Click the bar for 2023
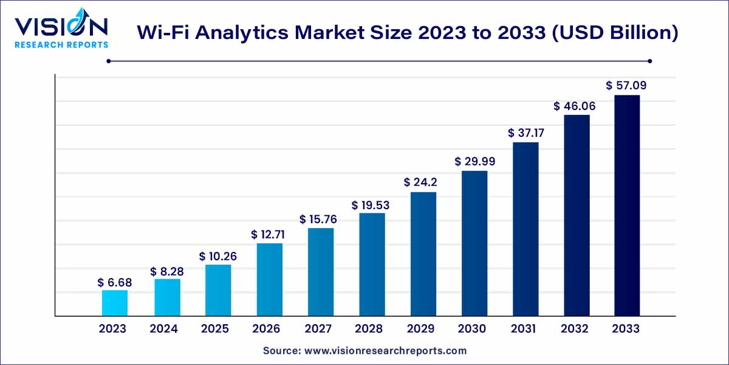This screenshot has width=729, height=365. point(114,303)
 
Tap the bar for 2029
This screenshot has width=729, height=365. point(423,254)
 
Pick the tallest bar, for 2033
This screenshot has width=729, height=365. point(627,206)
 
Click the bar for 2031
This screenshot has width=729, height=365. point(525,229)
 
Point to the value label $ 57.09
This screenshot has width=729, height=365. point(626,86)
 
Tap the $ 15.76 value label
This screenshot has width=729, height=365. point(320,218)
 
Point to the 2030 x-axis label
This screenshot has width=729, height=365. point(471,329)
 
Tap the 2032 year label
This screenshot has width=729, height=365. point(575,329)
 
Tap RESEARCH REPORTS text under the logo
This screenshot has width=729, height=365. point(61,44)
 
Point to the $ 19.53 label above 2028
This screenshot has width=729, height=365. point(371,205)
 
